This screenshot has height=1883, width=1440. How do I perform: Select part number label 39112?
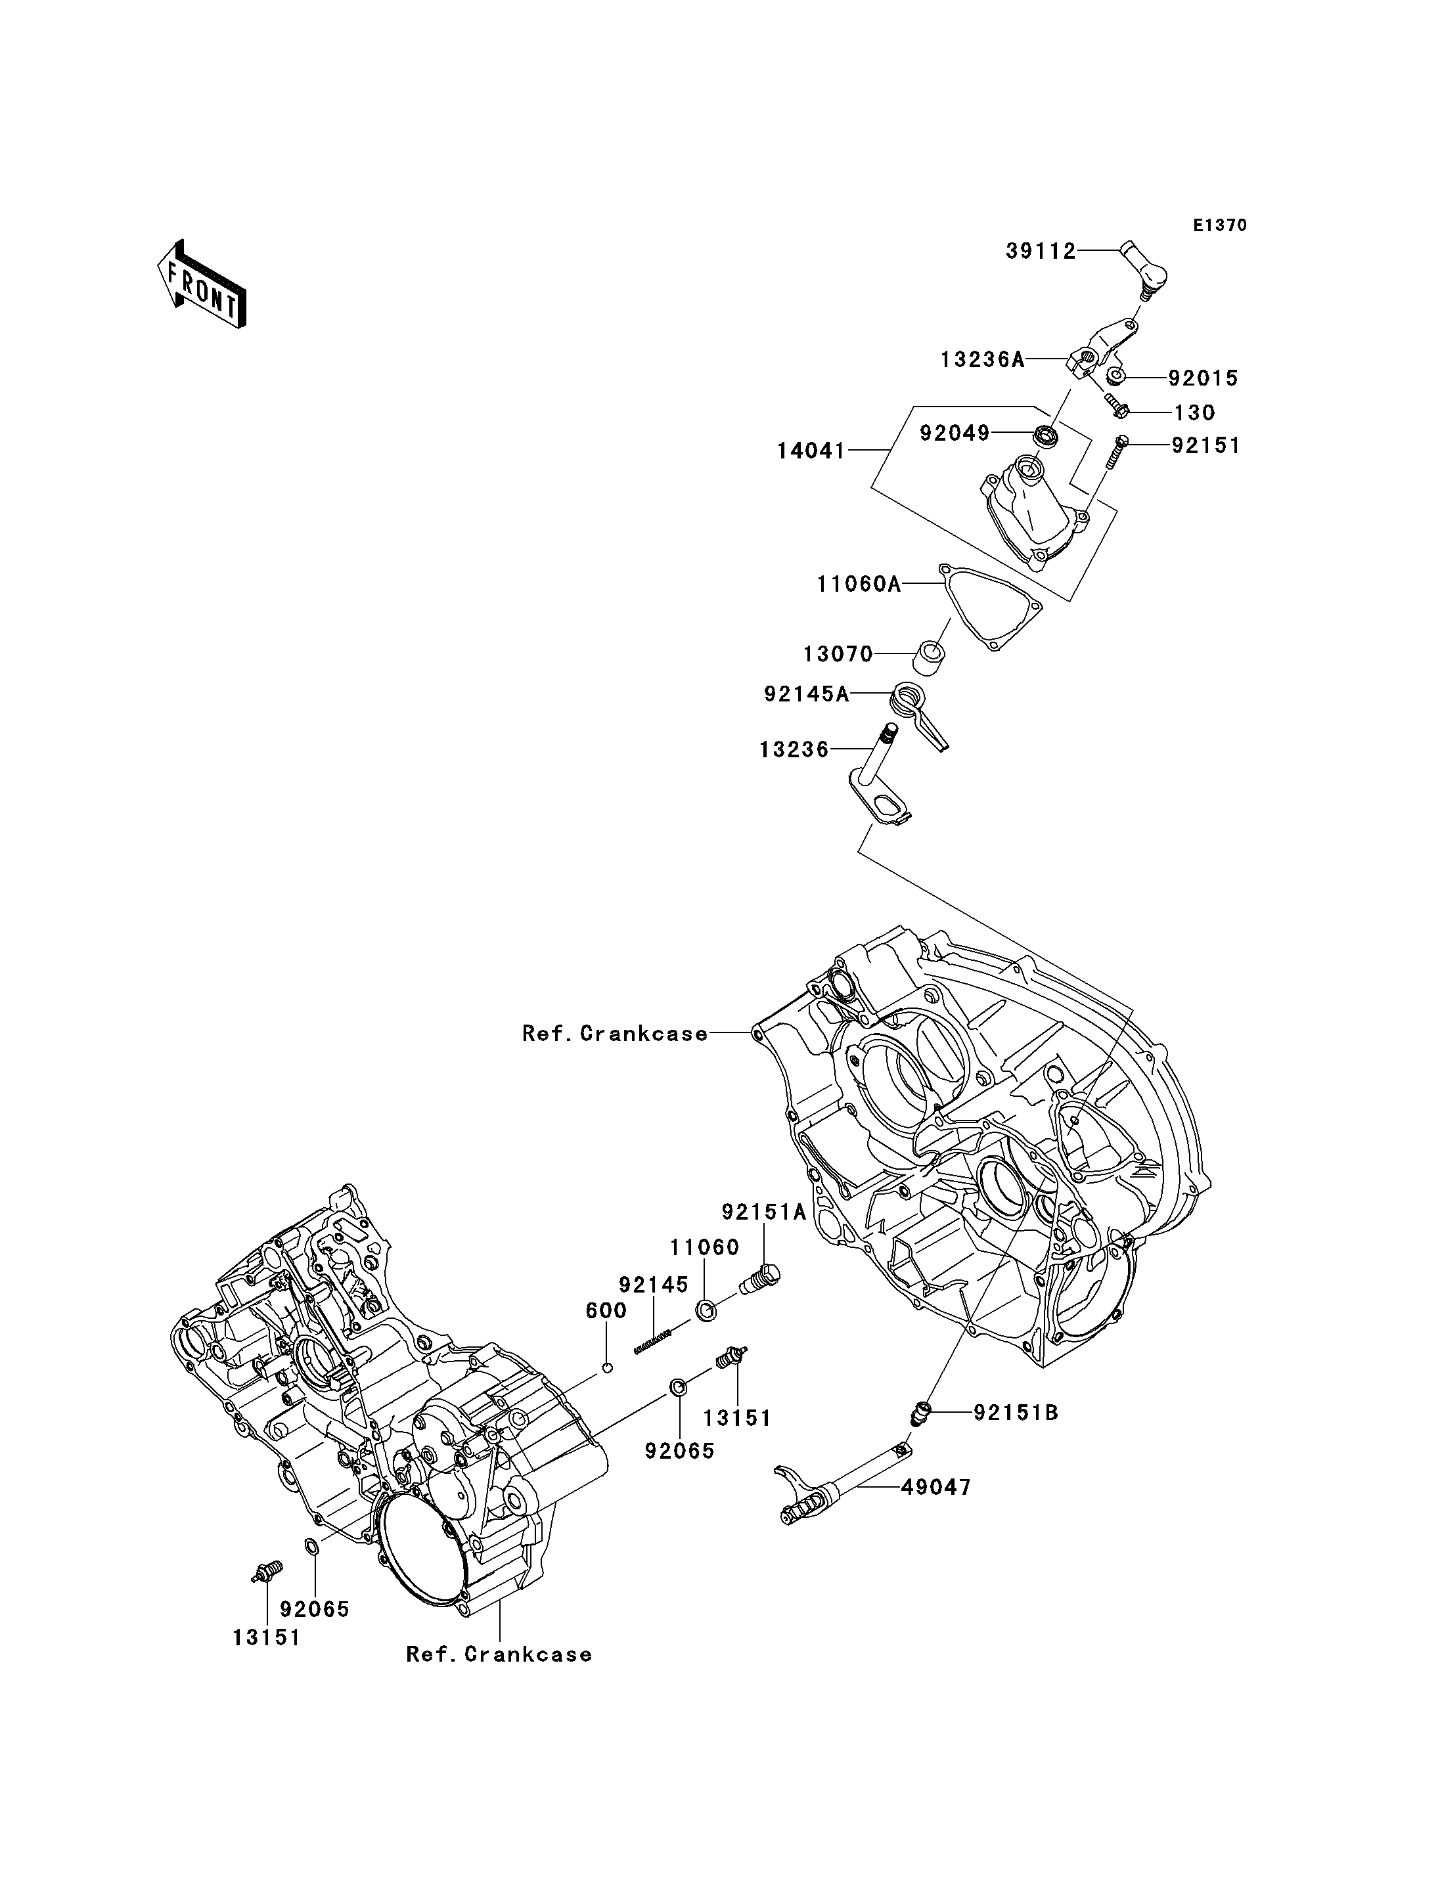(1041, 251)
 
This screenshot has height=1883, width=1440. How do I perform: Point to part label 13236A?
(982, 360)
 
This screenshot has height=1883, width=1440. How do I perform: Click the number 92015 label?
(1203, 378)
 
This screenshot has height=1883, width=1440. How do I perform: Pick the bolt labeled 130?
(1117, 407)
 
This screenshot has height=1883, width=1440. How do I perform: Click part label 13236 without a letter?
(794, 750)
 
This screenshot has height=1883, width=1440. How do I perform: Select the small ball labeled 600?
(607, 1367)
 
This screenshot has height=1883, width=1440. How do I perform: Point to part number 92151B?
(1016, 1413)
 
